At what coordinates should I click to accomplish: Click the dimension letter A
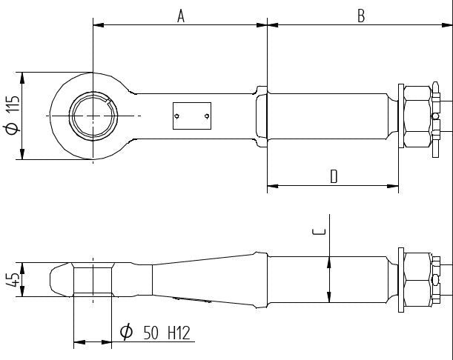pyautogui.click(x=180, y=16)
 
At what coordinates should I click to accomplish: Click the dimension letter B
pyautogui.click(x=360, y=16)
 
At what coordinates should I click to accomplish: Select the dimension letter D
pyautogui.click(x=334, y=176)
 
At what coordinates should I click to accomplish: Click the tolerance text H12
pyautogui.click(x=178, y=333)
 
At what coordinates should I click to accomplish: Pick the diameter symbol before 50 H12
pyautogui.click(x=126, y=333)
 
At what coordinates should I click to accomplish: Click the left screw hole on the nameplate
pyautogui.click(x=177, y=116)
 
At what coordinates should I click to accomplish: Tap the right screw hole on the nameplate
pyautogui.click(x=206, y=116)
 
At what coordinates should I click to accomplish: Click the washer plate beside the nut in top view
pyautogui.click(x=401, y=116)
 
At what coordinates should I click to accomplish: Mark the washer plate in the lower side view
pyautogui.click(x=401, y=279)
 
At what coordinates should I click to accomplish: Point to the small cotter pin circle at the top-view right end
pyautogui.click(x=436, y=116)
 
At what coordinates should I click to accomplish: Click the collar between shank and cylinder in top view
pyautogui.click(x=261, y=116)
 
